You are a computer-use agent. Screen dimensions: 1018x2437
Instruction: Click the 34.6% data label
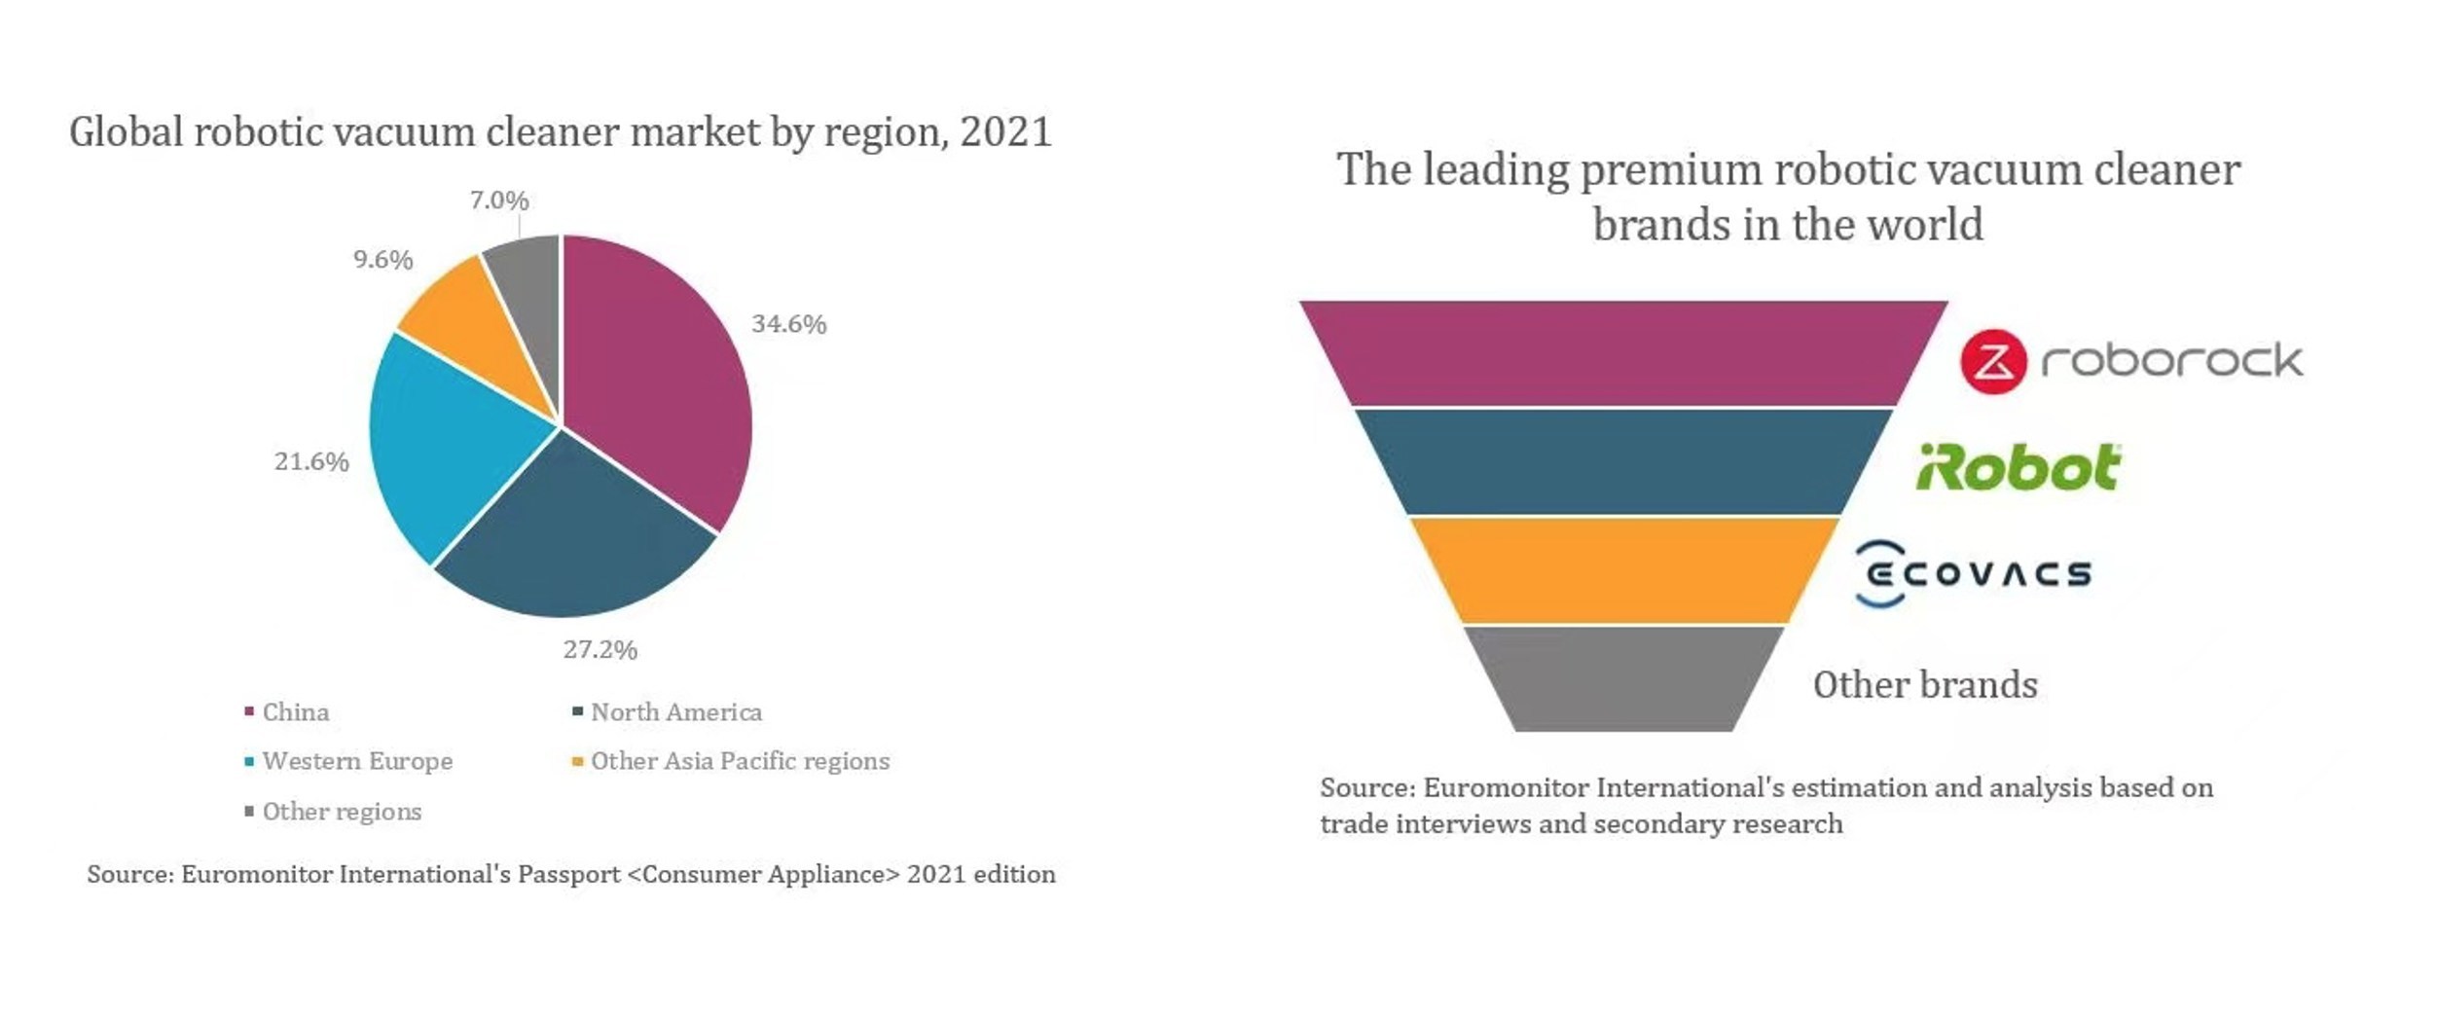point(788,324)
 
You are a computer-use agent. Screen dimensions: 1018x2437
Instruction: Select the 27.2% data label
point(600,650)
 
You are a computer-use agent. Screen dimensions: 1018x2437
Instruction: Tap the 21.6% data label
point(311,461)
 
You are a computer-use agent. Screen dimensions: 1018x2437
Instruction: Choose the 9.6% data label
point(382,260)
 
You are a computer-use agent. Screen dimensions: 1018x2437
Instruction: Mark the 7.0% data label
point(499,200)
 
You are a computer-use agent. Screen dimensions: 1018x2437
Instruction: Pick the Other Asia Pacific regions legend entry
point(739,761)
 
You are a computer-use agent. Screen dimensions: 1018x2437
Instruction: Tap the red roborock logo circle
point(1993,362)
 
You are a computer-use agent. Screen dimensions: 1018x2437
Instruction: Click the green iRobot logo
point(2019,467)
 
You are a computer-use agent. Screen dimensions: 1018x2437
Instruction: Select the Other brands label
point(1924,685)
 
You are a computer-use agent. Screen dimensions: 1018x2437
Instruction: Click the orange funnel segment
point(1623,570)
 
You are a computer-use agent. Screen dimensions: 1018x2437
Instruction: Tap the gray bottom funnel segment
point(1623,678)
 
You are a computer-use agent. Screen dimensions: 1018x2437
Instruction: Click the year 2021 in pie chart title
point(1005,132)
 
